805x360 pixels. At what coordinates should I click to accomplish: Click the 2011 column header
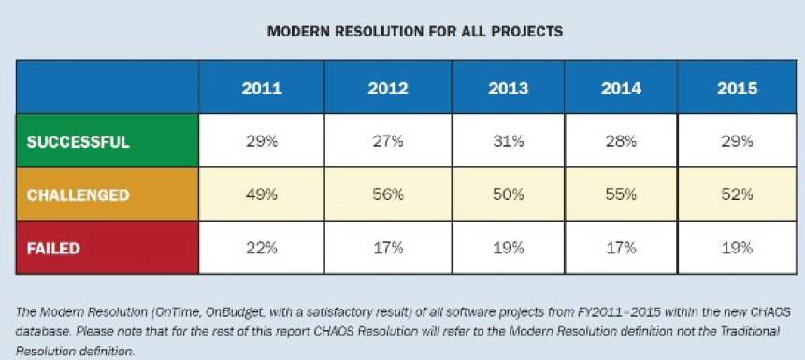click(262, 88)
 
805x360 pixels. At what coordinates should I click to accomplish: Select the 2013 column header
click(509, 88)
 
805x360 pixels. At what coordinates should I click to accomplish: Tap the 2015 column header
click(738, 88)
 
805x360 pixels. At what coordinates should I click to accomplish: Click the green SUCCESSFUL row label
click(78, 142)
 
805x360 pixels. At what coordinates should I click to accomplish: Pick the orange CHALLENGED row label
click(78, 195)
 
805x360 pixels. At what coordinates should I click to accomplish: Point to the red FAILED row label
click(53, 249)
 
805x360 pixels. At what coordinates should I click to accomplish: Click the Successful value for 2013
click(508, 142)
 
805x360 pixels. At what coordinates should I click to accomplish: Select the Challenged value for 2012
click(388, 195)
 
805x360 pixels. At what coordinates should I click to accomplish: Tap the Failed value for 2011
click(262, 249)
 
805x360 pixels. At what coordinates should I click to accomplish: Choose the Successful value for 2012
click(388, 142)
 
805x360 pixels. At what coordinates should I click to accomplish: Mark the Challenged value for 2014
click(621, 195)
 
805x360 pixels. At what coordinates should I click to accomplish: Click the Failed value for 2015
click(738, 249)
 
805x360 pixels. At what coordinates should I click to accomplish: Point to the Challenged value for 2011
click(262, 195)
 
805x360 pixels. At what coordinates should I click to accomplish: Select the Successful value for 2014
click(621, 142)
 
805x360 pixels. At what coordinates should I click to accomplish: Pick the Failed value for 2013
click(508, 249)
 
